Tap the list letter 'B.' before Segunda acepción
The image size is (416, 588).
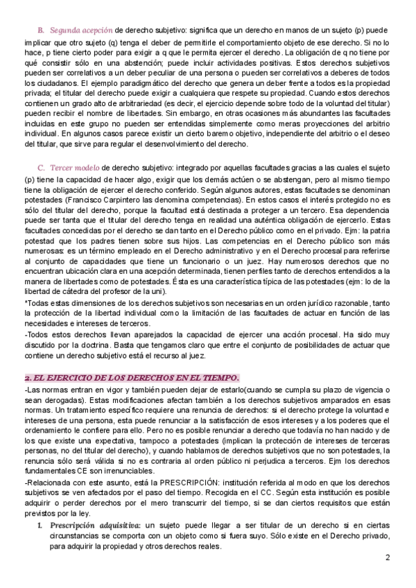click(x=40, y=31)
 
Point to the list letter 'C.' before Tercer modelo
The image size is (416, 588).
click(x=41, y=167)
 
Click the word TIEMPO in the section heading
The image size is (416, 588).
click(x=215, y=377)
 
